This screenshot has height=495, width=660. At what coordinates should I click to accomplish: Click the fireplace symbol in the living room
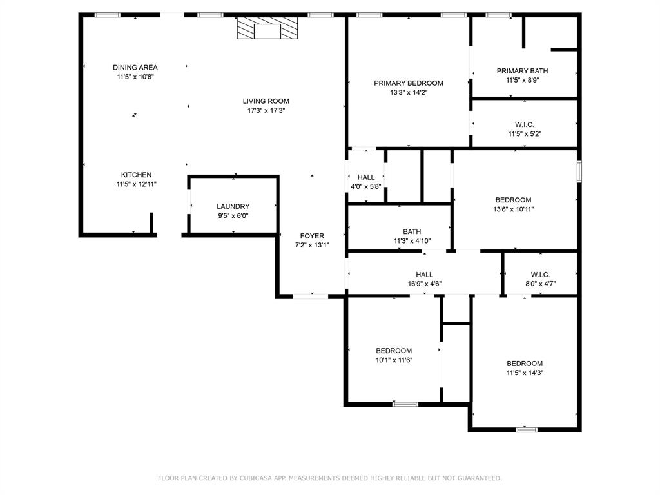point(267,28)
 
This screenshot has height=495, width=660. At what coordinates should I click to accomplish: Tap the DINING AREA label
point(135,68)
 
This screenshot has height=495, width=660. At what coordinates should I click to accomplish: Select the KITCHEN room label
point(137,175)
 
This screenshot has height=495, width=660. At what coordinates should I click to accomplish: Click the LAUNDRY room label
point(233,206)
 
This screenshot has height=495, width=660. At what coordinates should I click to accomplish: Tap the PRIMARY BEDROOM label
point(409,83)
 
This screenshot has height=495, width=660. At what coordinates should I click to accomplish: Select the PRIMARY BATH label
point(523,71)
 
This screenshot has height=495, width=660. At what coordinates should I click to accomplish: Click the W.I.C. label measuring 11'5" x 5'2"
point(525,124)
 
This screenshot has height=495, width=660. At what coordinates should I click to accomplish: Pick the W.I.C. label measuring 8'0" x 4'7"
point(540,275)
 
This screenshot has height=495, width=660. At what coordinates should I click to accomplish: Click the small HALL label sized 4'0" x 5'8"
point(366,177)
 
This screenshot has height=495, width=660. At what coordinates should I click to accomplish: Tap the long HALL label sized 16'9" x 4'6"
point(424,275)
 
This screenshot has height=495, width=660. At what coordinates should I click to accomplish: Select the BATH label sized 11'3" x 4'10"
point(412,232)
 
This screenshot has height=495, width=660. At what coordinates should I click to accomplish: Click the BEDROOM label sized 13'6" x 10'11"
point(513,200)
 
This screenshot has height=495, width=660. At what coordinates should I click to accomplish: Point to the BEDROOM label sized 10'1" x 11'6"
point(394,351)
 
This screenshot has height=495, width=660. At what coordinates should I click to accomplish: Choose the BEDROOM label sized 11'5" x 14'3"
point(525,363)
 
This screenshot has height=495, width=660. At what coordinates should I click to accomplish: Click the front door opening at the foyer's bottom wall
point(311,296)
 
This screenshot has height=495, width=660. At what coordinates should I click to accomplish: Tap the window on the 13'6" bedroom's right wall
point(579,172)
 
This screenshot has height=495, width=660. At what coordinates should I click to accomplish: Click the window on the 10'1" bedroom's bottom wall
point(405,404)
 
